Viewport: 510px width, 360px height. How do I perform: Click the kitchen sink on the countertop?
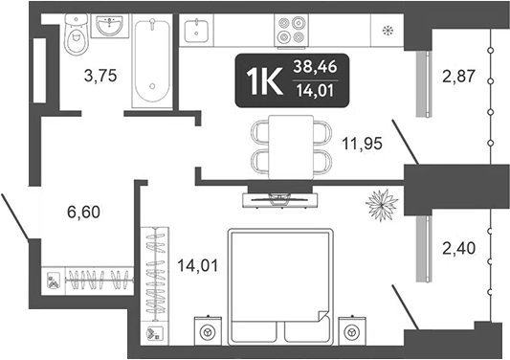pos(197,32)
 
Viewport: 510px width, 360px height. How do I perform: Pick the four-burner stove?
pos(289,32)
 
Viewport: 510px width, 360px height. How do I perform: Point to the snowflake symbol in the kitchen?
pos(388,31)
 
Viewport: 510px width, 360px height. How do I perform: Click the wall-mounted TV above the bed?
pos(277,199)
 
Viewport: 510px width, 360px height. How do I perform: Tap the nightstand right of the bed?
pos(352,331)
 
